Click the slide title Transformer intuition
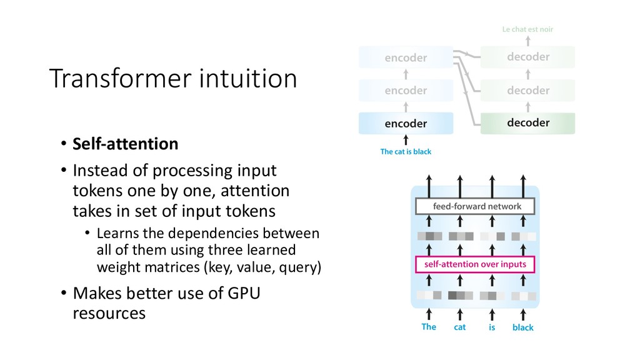(x=172, y=79)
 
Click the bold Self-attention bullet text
(x=125, y=144)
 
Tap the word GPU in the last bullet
(x=243, y=292)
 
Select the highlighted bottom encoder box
(x=406, y=123)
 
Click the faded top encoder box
(x=406, y=57)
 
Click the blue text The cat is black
(x=406, y=152)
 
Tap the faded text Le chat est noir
(x=528, y=29)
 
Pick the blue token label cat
(x=460, y=327)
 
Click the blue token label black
(x=523, y=327)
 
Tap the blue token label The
(x=429, y=327)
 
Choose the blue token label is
(x=492, y=327)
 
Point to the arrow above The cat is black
(x=406, y=140)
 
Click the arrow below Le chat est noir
(x=528, y=41)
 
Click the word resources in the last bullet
(x=109, y=313)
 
